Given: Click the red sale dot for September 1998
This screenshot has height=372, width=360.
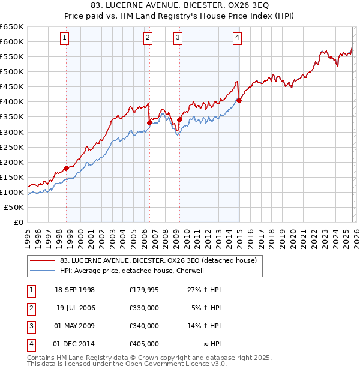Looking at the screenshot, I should (66, 168).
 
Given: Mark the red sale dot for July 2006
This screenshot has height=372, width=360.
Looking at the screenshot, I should (149, 122).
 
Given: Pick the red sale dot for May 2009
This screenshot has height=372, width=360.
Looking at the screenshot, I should (179, 119).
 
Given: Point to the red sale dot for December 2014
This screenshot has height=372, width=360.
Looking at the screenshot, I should (239, 100).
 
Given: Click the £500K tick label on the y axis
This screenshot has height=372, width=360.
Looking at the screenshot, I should (12, 71).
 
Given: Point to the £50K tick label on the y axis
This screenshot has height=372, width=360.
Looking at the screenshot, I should (14, 207).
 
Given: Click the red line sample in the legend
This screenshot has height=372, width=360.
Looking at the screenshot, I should (42, 260).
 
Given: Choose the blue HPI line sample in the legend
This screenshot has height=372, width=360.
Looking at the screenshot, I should (42, 271).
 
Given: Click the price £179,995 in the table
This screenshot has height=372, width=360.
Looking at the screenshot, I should (144, 290).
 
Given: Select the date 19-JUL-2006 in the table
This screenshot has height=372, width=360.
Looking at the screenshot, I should (76, 308).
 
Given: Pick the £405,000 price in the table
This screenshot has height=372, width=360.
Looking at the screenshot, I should (144, 344).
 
